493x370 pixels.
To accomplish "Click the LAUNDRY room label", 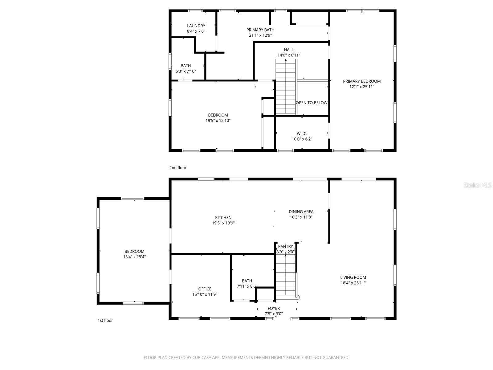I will [x=196, y=26].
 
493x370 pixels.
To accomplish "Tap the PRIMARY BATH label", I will [x=260, y=30].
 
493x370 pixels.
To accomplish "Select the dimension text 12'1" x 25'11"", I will [x=362, y=87].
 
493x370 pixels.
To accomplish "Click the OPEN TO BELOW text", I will [x=312, y=103].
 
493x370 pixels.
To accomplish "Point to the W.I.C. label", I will [x=302, y=134].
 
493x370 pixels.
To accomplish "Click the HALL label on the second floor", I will [x=289, y=50].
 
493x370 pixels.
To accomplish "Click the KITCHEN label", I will [x=223, y=218].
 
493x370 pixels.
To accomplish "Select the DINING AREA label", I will [x=301, y=212].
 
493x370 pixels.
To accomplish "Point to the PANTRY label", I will [x=285, y=246].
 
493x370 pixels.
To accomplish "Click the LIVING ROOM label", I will [x=353, y=277].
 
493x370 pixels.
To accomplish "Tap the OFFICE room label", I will [x=205, y=289].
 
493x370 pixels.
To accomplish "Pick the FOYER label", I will [x=274, y=308].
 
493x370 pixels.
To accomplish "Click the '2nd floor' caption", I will [x=178, y=168].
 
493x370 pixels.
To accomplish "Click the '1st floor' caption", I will [x=105, y=320].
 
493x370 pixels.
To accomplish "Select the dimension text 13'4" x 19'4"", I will [x=134, y=257].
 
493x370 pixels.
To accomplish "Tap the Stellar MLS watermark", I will [x=478, y=185].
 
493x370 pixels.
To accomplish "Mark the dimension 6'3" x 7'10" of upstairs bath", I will [x=185, y=71].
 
